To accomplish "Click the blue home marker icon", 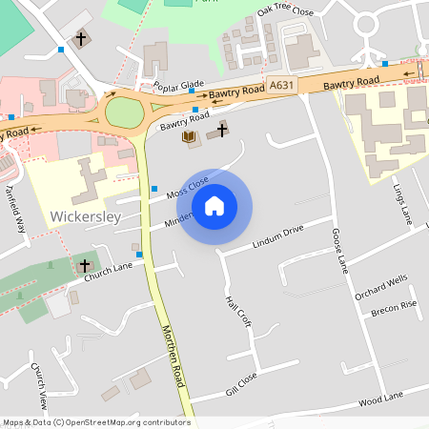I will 214,205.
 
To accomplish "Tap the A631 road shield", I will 280,86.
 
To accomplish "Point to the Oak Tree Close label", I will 285,12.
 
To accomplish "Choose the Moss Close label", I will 187,188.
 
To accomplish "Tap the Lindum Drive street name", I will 277,237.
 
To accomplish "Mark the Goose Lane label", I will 337,252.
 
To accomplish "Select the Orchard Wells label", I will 380,287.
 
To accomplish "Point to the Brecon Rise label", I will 394,309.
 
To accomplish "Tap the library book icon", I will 188,137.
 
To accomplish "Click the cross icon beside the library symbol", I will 222,129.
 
